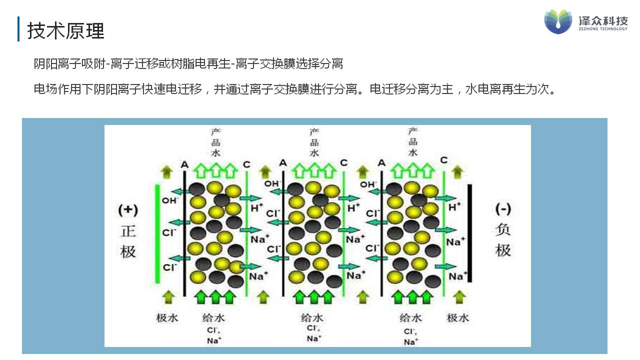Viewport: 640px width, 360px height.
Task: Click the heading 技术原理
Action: (65, 31)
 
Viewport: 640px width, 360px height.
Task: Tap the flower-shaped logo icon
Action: (558, 21)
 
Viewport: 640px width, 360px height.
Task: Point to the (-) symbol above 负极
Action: (502, 208)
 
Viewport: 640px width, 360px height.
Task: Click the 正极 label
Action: (128, 241)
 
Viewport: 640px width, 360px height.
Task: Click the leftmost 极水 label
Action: (167, 317)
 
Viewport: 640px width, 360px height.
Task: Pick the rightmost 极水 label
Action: (458, 317)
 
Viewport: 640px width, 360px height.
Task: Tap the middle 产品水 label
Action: (314, 142)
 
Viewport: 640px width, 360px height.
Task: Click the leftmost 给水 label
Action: (214, 317)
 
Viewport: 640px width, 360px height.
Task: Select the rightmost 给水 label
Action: (410, 317)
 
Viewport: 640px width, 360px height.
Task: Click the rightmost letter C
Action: (444, 160)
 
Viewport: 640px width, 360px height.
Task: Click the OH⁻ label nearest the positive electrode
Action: (170, 200)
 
